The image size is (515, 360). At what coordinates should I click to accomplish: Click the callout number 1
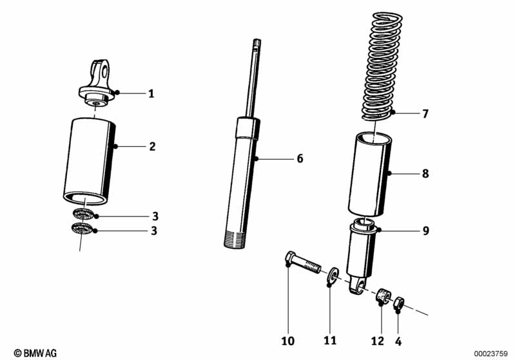[x=151, y=94]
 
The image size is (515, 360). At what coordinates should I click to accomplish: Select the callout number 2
[x=152, y=147]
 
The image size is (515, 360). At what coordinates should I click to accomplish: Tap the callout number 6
[x=300, y=158]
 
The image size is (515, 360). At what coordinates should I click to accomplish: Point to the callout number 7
[x=425, y=115]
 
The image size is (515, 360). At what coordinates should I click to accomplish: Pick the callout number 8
[x=425, y=173]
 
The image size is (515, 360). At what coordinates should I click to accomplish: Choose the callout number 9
[x=425, y=230]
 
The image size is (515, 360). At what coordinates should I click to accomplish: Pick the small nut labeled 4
[x=400, y=300]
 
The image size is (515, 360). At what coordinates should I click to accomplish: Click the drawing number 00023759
[x=493, y=353]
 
